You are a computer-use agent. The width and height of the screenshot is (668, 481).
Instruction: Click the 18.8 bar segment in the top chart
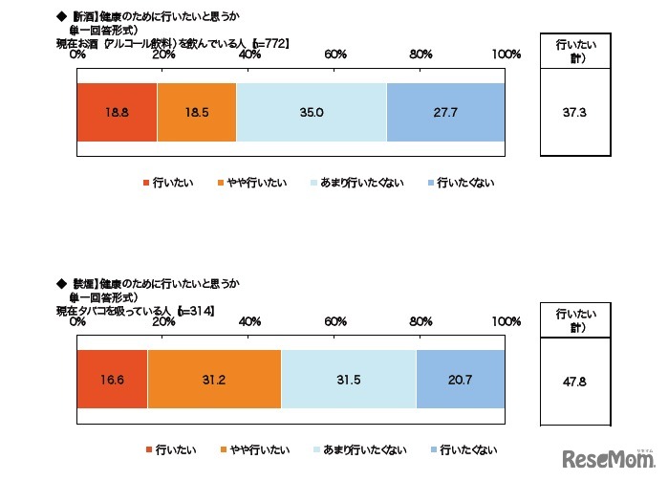[x=116, y=113]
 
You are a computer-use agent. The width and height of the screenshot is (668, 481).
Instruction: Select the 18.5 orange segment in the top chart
[x=196, y=113]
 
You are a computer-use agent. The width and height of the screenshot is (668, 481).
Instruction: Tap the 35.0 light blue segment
[x=311, y=113]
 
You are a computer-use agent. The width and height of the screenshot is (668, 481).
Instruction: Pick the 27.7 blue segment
[x=445, y=113]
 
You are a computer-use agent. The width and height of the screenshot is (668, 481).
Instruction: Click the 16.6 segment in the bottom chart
[x=111, y=379]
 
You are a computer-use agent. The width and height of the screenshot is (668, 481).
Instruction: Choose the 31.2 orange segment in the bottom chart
[x=214, y=379]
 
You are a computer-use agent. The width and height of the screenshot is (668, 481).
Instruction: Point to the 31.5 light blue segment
[x=349, y=379]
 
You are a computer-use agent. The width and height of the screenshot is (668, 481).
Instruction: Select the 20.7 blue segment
[x=461, y=379]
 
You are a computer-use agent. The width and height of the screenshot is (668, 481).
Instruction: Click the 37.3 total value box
[x=574, y=112]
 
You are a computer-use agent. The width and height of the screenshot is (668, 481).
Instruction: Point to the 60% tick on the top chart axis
[x=335, y=55]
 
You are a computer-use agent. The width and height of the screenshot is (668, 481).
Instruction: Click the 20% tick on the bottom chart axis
[x=163, y=321]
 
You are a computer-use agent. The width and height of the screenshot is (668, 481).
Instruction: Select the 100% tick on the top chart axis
[x=506, y=55]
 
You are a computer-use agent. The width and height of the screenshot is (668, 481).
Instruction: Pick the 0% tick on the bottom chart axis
[x=78, y=321]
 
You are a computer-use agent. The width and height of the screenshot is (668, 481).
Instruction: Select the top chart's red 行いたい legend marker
[x=146, y=182]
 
